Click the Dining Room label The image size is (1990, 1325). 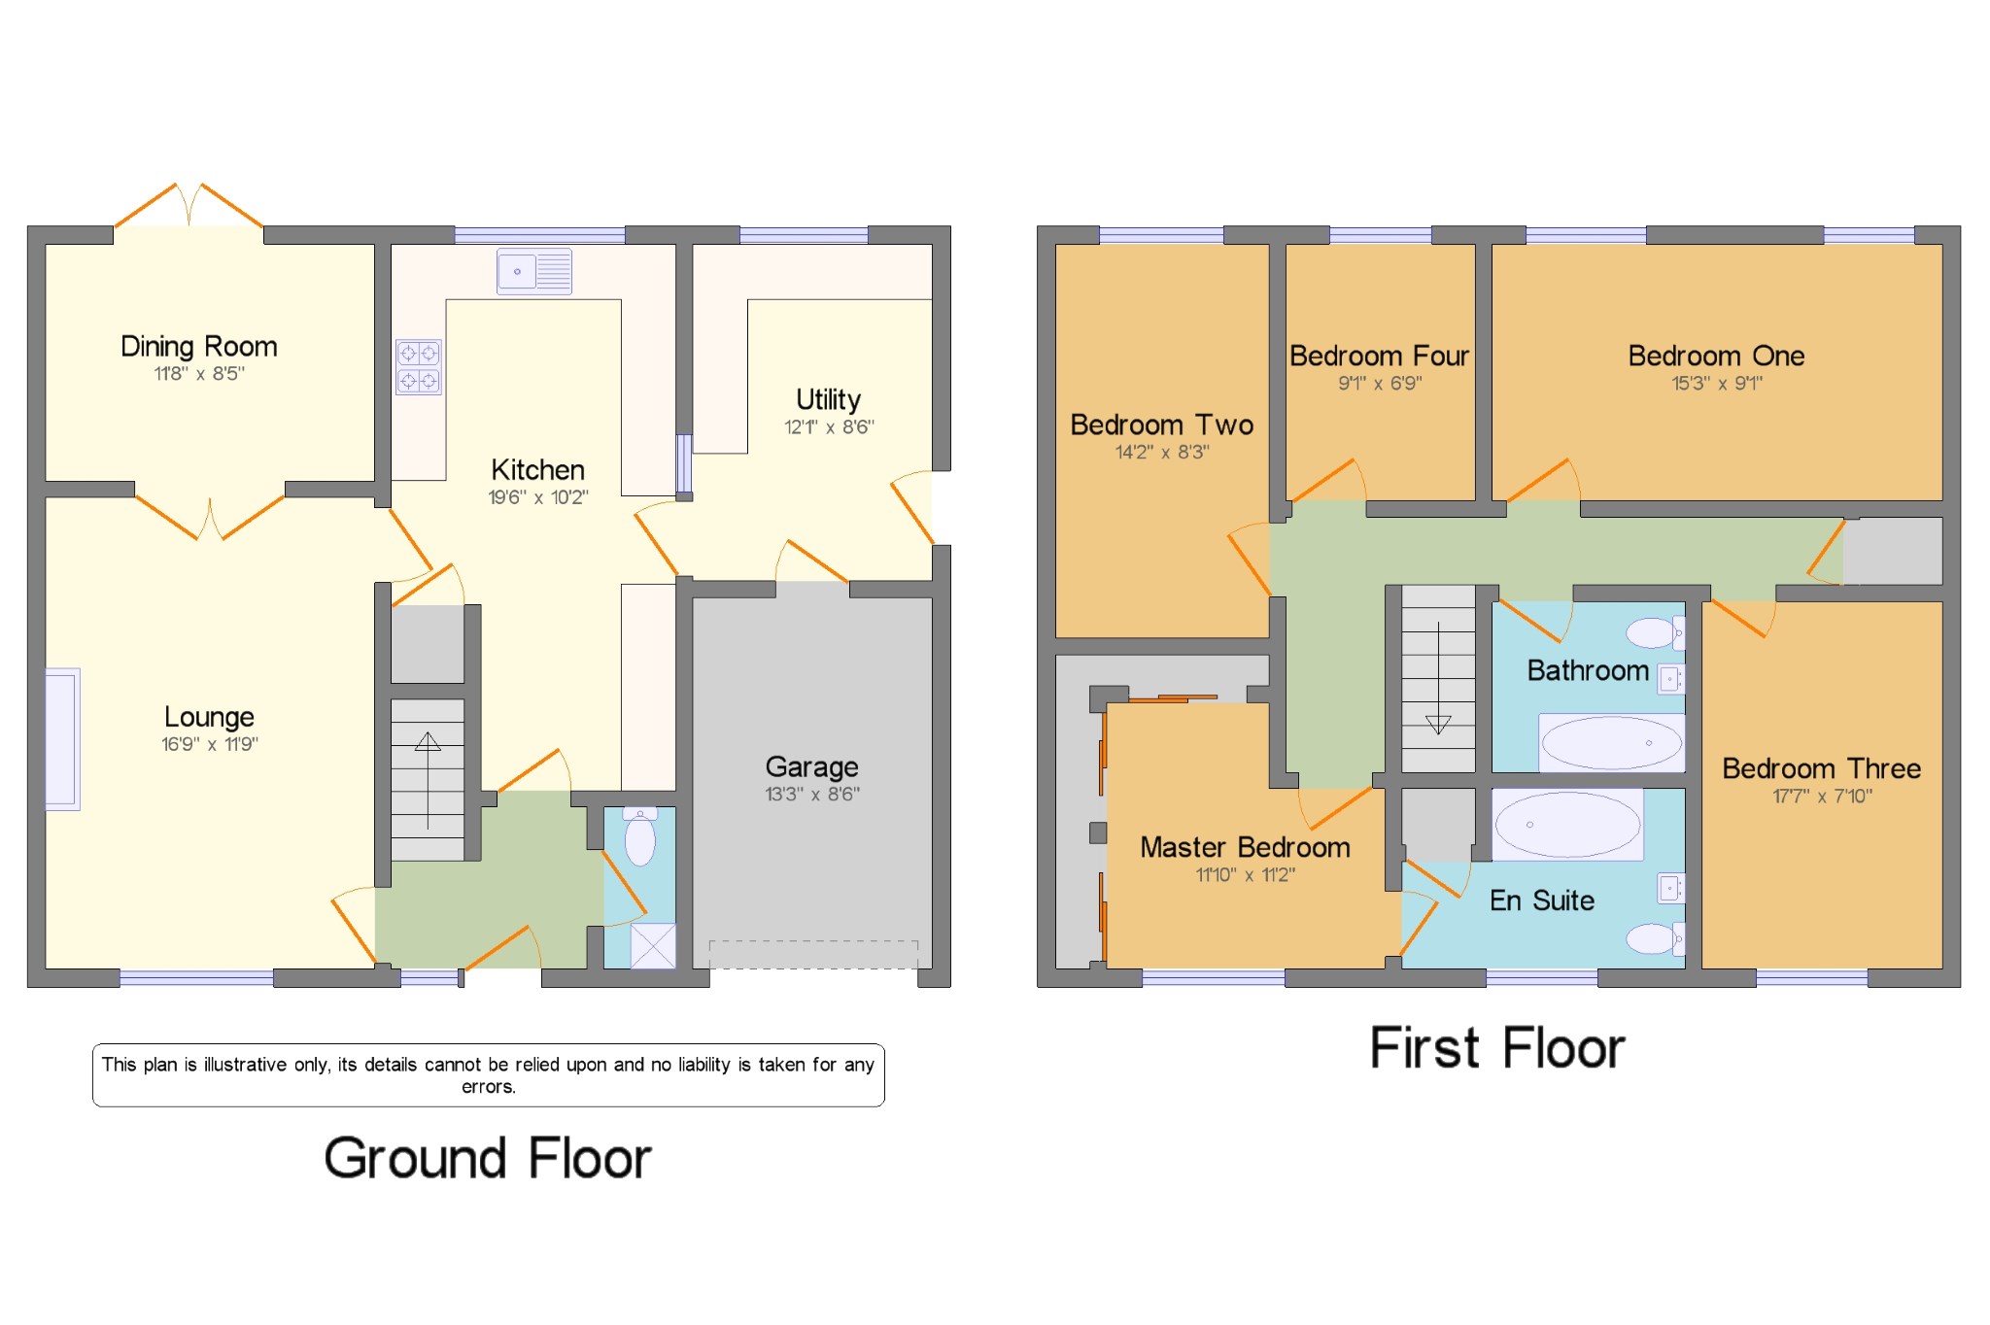point(198,347)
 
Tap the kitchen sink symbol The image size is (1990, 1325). point(534,271)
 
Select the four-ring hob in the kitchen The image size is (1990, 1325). point(418,367)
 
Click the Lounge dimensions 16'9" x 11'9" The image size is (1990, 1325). point(209,745)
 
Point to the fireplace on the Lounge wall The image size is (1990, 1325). point(62,739)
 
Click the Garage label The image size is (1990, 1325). point(811,767)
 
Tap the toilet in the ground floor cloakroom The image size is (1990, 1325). point(639,838)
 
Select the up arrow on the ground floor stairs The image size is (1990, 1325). point(428,743)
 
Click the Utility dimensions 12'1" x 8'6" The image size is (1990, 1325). point(829,427)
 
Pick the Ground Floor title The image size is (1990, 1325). point(488,1158)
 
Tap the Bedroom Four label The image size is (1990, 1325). point(1379,357)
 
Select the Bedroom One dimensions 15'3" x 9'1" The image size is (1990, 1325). point(1716,384)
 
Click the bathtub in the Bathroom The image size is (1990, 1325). point(1611,743)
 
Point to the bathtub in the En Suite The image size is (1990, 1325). point(1567,825)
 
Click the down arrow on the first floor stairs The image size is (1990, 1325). point(1438,724)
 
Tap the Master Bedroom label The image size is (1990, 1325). point(1245,848)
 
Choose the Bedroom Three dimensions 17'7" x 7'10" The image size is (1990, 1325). point(1822,797)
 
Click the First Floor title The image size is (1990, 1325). point(1496,1048)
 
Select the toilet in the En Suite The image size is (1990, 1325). point(1653,938)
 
